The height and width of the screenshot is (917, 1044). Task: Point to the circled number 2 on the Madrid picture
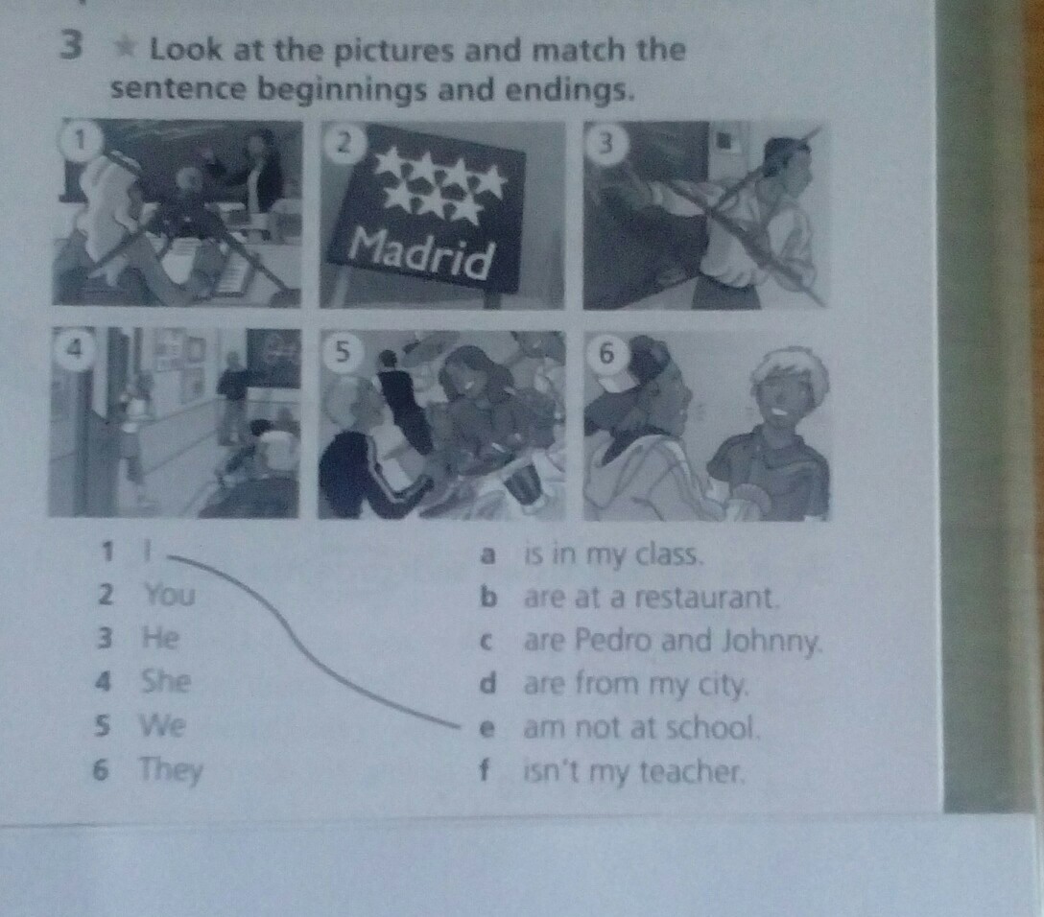(343, 143)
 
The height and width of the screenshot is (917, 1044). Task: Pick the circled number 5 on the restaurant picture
(342, 351)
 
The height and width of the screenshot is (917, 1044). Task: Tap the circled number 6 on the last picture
(605, 354)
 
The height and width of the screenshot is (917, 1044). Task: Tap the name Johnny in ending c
(771, 642)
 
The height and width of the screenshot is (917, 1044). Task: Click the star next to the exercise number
(125, 47)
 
